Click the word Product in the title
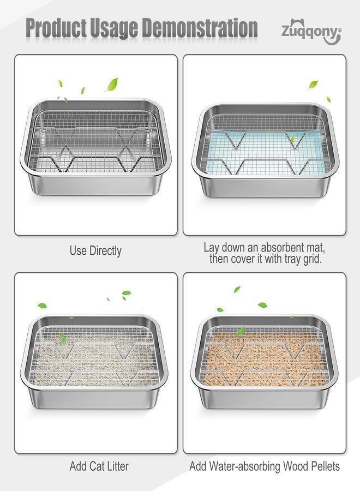click(x=56, y=28)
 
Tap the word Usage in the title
click(x=114, y=29)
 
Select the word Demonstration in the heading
click(x=200, y=28)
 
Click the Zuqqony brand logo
click(x=311, y=32)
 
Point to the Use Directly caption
click(x=95, y=251)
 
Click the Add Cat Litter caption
click(x=99, y=466)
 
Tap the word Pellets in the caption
click(x=325, y=466)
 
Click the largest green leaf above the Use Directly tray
click(x=112, y=85)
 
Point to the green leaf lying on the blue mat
click(x=293, y=139)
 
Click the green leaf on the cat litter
click(x=63, y=338)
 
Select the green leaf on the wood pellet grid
click(x=241, y=331)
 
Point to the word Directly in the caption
click(x=105, y=251)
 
